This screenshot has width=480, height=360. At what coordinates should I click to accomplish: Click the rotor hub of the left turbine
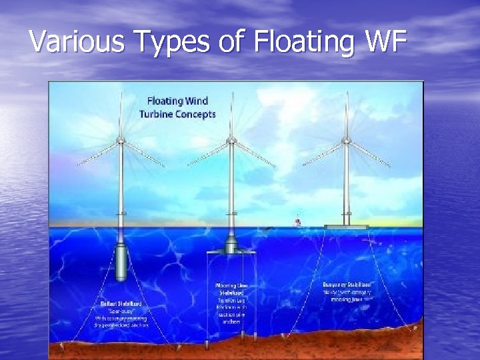tap(121, 140)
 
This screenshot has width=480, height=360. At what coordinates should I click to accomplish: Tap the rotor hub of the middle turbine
tap(231, 141)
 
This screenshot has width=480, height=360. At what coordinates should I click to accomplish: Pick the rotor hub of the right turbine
tap(345, 140)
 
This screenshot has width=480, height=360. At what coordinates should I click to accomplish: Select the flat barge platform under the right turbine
tap(346, 227)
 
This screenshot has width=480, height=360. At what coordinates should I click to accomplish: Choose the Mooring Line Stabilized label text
tap(231, 293)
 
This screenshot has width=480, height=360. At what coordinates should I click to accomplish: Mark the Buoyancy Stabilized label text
tap(347, 284)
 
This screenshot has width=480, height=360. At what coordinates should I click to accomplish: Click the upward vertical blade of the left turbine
tap(121, 113)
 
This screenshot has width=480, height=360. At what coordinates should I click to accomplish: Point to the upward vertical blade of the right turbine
tap(346, 113)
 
